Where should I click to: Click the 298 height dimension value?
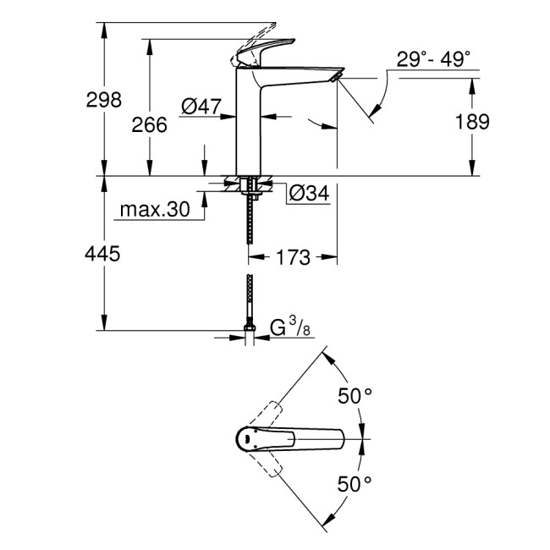click(x=104, y=100)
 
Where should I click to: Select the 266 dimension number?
click(x=150, y=124)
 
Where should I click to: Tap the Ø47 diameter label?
click(x=201, y=106)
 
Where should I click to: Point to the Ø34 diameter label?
click(x=308, y=193)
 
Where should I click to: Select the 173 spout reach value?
click(x=294, y=256)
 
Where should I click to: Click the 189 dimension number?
click(x=472, y=122)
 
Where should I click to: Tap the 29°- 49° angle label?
click(x=434, y=59)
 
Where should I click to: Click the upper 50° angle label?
click(x=355, y=395)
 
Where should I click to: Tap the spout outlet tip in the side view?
click(x=336, y=78)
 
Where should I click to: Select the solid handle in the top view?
click(x=288, y=439)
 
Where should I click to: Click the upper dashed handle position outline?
click(x=269, y=415)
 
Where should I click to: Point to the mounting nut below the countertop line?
click(x=248, y=184)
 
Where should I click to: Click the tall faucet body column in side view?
click(x=249, y=127)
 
